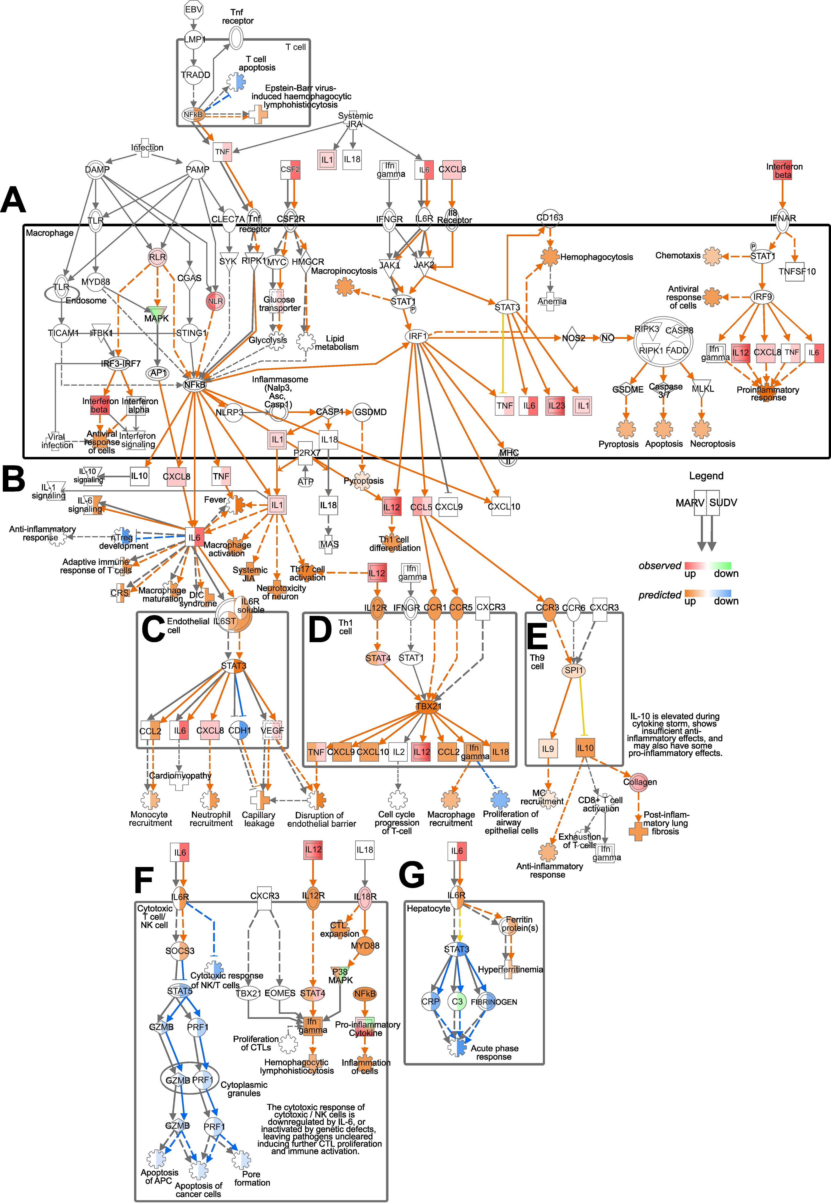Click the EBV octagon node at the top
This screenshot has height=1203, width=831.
click(193, 9)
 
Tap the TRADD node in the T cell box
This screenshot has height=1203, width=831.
click(195, 75)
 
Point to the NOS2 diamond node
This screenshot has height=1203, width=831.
click(573, 338)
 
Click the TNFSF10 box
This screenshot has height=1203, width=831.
click(797, 271)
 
